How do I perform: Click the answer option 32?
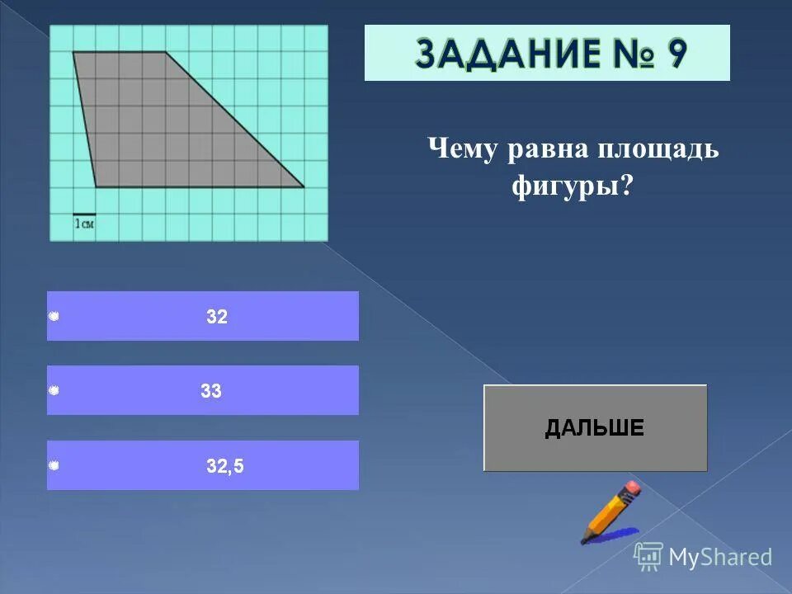pos(217,317)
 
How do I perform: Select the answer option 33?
pos(211,391)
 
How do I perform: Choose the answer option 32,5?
pos(225,466)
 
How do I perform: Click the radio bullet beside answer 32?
pos(54,317)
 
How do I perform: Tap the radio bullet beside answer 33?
pos(54,391)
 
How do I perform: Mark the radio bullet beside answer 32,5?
pos(54,466)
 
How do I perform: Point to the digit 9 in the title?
pos(675,54)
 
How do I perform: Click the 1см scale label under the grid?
pos(83,224)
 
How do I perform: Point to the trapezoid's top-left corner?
pos(73,53)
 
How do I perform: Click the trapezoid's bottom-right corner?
pos(304,187)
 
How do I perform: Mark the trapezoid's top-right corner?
pos(166,53)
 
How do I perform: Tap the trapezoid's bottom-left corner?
pos(97,187)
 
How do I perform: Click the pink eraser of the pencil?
pos(631,488)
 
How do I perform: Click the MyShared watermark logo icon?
pos(648,556)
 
